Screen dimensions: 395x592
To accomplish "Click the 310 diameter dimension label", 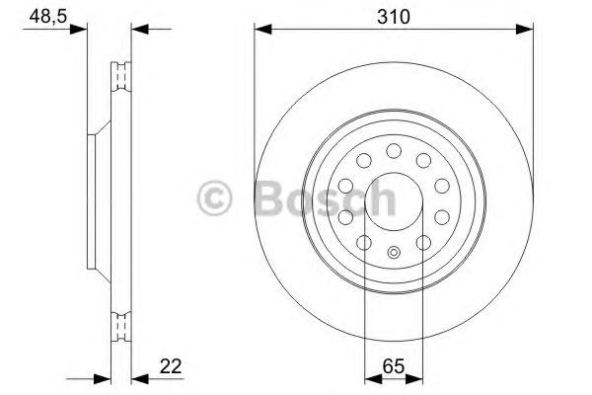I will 394,16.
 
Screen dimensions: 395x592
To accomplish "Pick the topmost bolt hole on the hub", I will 393,150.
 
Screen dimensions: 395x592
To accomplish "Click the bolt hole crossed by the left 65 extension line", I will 363,242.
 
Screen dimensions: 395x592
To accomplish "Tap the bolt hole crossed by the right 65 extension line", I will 422,242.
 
